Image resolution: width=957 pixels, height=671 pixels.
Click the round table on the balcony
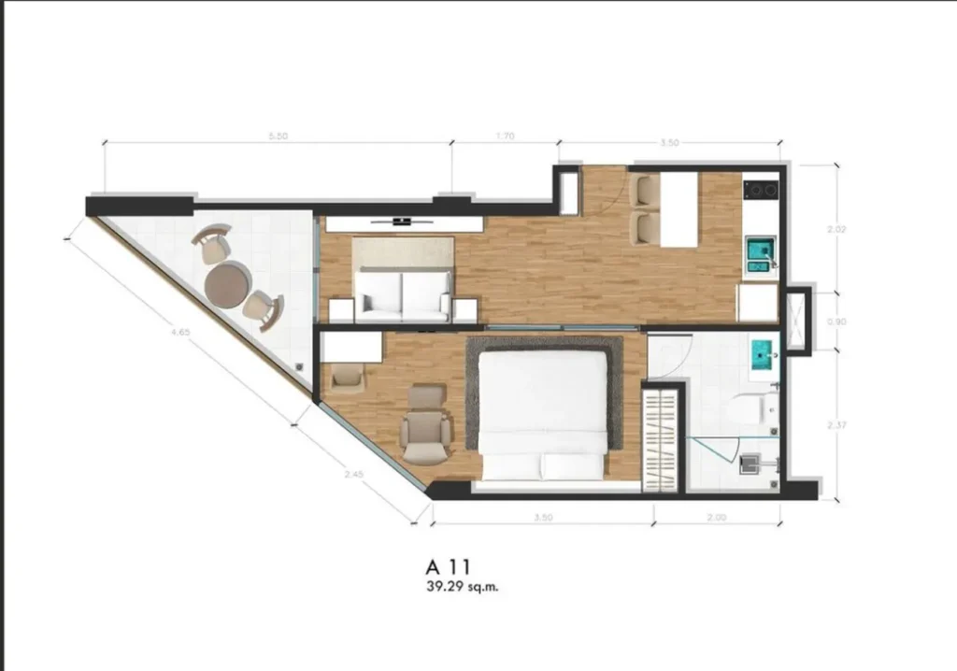coord(226,282)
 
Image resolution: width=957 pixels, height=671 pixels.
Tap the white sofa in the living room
coord(404,293)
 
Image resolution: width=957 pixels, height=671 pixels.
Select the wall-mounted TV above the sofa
coord(403,221)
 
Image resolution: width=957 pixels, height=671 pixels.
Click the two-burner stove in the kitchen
coord(761,191)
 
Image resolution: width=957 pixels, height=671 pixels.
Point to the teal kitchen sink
coord(758,251)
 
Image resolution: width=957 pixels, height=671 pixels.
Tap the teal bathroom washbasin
coord(764,356)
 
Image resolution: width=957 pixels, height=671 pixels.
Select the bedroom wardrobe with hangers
coord(662,437)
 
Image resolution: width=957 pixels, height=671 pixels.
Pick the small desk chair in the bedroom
coord(347,375)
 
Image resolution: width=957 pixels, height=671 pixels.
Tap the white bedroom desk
coord(352,347)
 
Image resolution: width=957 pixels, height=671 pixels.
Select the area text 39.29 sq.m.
coord(455,588)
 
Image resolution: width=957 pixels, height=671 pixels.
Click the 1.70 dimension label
coord(505,136)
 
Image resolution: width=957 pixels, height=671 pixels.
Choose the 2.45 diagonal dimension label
coord(353,474)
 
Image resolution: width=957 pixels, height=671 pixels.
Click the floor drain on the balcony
coord(299,364)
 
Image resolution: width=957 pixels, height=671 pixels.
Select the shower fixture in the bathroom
coord(750,461)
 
